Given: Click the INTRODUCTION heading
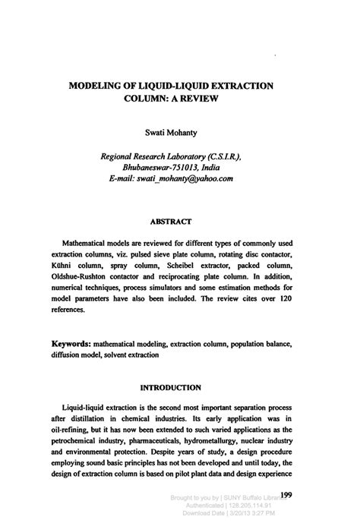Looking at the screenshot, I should coord(177,387).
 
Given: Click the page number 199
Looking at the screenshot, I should coord(286,495).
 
